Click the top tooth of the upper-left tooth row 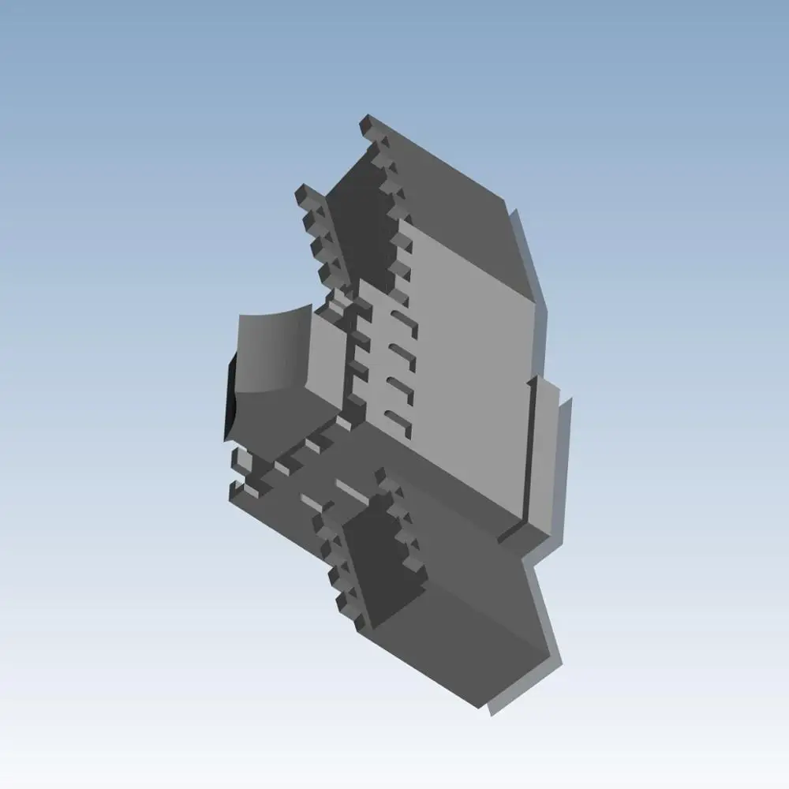[x=305, y=193]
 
